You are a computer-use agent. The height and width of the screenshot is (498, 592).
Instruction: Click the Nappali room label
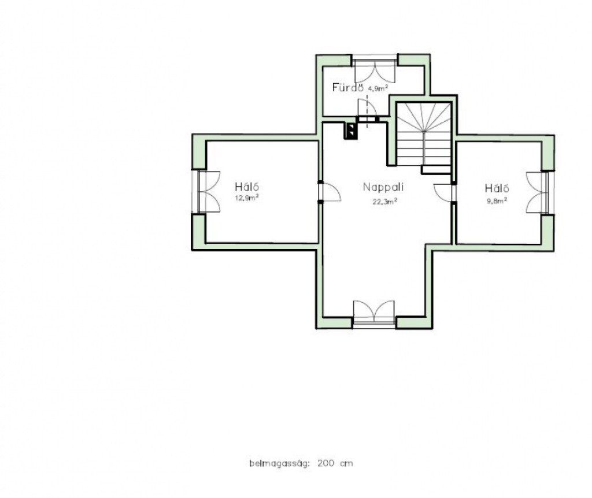[x=383, y=187]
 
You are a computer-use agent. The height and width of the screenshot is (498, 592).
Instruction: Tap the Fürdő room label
[x=347, y=88]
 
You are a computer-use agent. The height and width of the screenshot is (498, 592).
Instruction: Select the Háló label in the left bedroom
[x=247, y=187]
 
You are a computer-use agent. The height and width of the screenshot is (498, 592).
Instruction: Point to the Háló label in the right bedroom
[x=497, y=188]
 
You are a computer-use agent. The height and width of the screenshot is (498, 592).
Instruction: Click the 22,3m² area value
[x=384, y=202]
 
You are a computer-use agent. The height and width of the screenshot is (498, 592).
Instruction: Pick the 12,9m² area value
[x=247, y=198]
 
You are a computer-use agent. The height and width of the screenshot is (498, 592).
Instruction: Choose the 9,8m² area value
[x=497, y=200]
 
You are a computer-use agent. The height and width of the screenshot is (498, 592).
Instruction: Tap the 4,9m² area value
[x=378, y=88]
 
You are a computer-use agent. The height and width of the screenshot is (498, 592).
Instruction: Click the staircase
[x=424, y=137]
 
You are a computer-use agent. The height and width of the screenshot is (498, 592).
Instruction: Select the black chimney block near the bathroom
[x=350, y=131]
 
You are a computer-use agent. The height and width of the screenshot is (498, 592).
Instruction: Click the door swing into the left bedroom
[x=330, y=192]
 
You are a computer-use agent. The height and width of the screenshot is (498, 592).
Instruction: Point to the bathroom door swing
[x=367, y=107]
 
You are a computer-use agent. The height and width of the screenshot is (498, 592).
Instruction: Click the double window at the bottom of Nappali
[x=374, y=314]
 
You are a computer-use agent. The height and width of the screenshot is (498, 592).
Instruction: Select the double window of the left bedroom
[x=206, y=192]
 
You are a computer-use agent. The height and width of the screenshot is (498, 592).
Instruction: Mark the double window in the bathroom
[x=375, y=69]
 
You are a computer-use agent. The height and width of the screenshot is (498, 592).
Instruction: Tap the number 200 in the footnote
[x=325, y=463]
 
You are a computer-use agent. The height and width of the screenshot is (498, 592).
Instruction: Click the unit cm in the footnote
[x=346, y=463]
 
